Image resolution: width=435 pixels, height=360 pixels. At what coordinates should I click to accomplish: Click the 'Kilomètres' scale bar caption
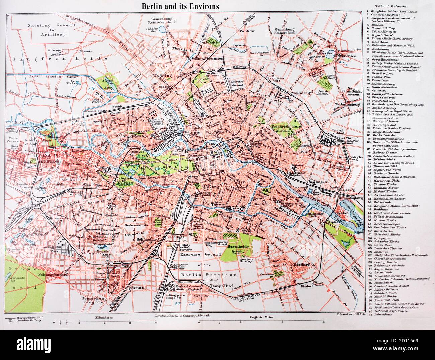(104, 315)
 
